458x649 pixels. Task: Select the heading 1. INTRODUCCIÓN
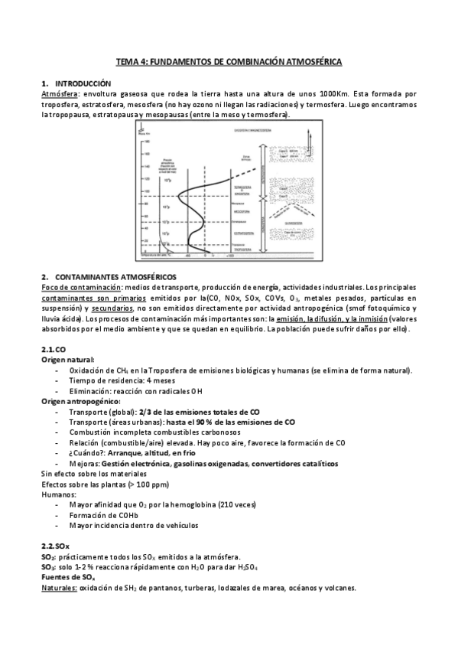[x=76, y=83]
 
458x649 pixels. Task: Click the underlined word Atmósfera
[x=59, y=93]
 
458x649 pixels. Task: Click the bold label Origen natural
[x=68, y=359]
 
